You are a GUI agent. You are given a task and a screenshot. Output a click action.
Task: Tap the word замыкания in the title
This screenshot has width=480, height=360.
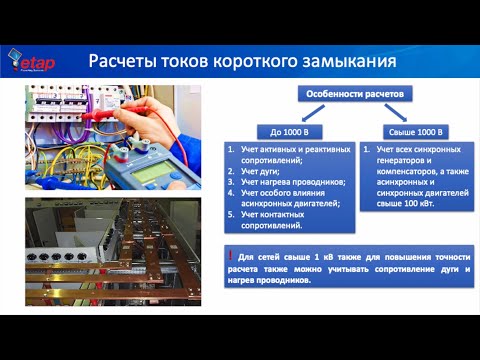351,61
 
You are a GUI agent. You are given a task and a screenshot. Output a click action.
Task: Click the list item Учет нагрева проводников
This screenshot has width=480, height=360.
292,181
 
